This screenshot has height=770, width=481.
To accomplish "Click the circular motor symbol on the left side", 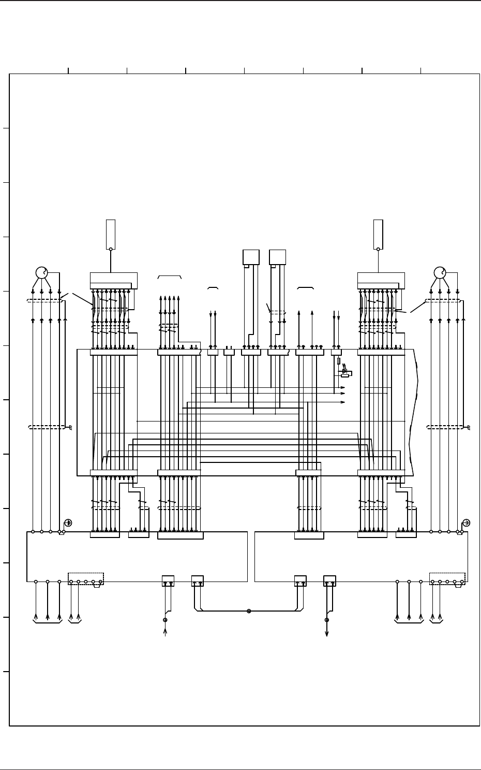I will tap(41, 272).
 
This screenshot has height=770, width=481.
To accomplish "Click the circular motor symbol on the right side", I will tap(440, 272).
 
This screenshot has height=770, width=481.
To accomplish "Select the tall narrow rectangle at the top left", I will tap(111, 234).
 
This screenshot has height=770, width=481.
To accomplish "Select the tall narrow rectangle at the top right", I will tap(378, 234).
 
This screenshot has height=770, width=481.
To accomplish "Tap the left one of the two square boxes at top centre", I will tap(251, 257).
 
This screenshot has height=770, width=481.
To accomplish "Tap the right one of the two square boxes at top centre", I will tap(278, 257).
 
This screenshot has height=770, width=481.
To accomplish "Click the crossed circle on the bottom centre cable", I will tap(249, 611).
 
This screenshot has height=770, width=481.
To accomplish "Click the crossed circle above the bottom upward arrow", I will tap(165, 620).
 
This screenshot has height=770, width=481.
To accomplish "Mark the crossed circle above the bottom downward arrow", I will tap(327, 620).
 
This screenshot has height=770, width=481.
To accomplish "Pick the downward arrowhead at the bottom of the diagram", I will tap(327, 633).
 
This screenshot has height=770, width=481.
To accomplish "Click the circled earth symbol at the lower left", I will tap(68, 523).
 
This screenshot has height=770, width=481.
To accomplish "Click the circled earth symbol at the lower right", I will tap(466, 523).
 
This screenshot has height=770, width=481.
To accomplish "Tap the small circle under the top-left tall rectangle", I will tap(111, 249).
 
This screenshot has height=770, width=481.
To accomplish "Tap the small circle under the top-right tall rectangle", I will tap(378, 249).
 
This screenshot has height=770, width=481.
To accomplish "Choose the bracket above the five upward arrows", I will tap(169, 278).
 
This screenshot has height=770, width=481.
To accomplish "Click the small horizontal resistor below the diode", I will tap(345, 376).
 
